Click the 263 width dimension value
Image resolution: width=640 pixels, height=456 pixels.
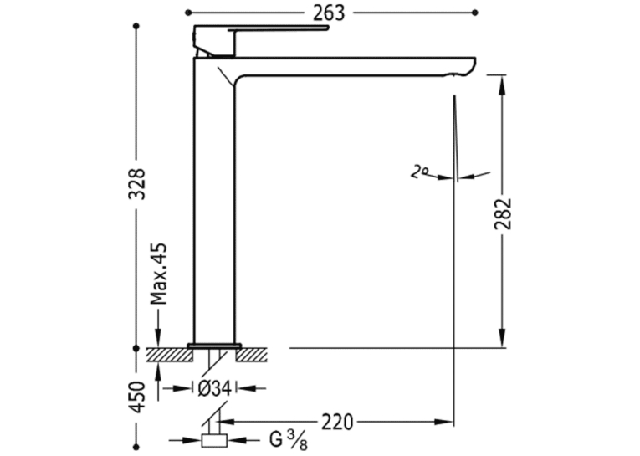(x=329, y=13)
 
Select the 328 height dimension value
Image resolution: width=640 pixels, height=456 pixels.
(x=137, y=183)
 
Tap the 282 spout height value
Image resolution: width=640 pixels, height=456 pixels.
(x=504, y=213)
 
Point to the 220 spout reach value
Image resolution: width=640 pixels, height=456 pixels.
(x=337, y=423)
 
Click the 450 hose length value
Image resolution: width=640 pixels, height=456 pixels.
(x=137, y=397)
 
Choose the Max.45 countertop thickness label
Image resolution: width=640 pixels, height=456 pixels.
(x=158, y=274)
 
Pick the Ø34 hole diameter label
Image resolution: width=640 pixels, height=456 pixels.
(x=215, y=388)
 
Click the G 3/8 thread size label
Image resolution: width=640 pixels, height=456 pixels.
(x=289, y=440)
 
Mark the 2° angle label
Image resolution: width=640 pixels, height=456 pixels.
(x=418, y=172)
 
